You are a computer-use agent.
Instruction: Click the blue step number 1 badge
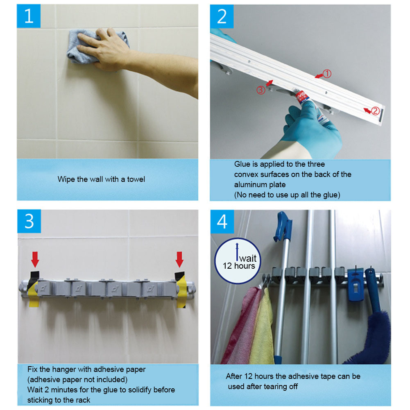click(x=29, y=16)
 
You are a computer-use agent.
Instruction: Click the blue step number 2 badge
click(x=222, y=16)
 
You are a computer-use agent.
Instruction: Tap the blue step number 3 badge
click(x=29, y=221)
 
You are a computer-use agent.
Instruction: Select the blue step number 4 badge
click(x=222, y=222)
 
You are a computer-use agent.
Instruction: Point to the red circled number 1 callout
click(x=327, y=74)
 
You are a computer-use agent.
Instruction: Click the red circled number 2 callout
click(x=375, y=111)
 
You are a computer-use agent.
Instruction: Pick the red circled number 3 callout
click(x=260, y=90)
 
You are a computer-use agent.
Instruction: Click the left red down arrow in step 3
click(x=35, y=259)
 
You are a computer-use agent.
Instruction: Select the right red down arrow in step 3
click(x=179, y=259)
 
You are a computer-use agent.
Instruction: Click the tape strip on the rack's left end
click(x=34, y=289)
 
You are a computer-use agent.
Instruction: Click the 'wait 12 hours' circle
click(x=238, y=260)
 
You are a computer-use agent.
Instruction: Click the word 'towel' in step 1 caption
click(x=136, y=179)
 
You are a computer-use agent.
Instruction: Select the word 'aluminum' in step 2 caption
click(x=249, y=185)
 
